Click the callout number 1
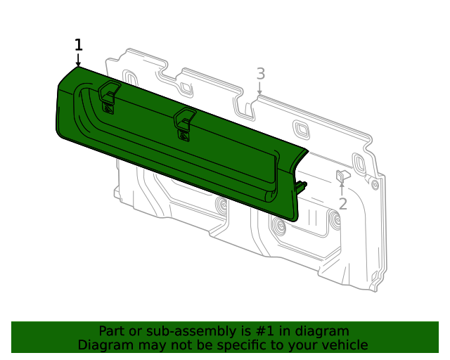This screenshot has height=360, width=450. [78, 45]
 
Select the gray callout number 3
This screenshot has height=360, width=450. [260, 74]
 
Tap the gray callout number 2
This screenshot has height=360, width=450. [342, 204]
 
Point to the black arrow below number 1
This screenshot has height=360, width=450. [78, 60]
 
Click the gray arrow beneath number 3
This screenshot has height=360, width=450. [259, 88]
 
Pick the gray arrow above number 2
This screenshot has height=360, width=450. [342, 188]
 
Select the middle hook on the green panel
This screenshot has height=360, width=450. [184, 118]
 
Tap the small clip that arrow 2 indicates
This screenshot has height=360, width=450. [343, 176]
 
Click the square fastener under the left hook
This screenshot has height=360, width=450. [108, 109]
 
